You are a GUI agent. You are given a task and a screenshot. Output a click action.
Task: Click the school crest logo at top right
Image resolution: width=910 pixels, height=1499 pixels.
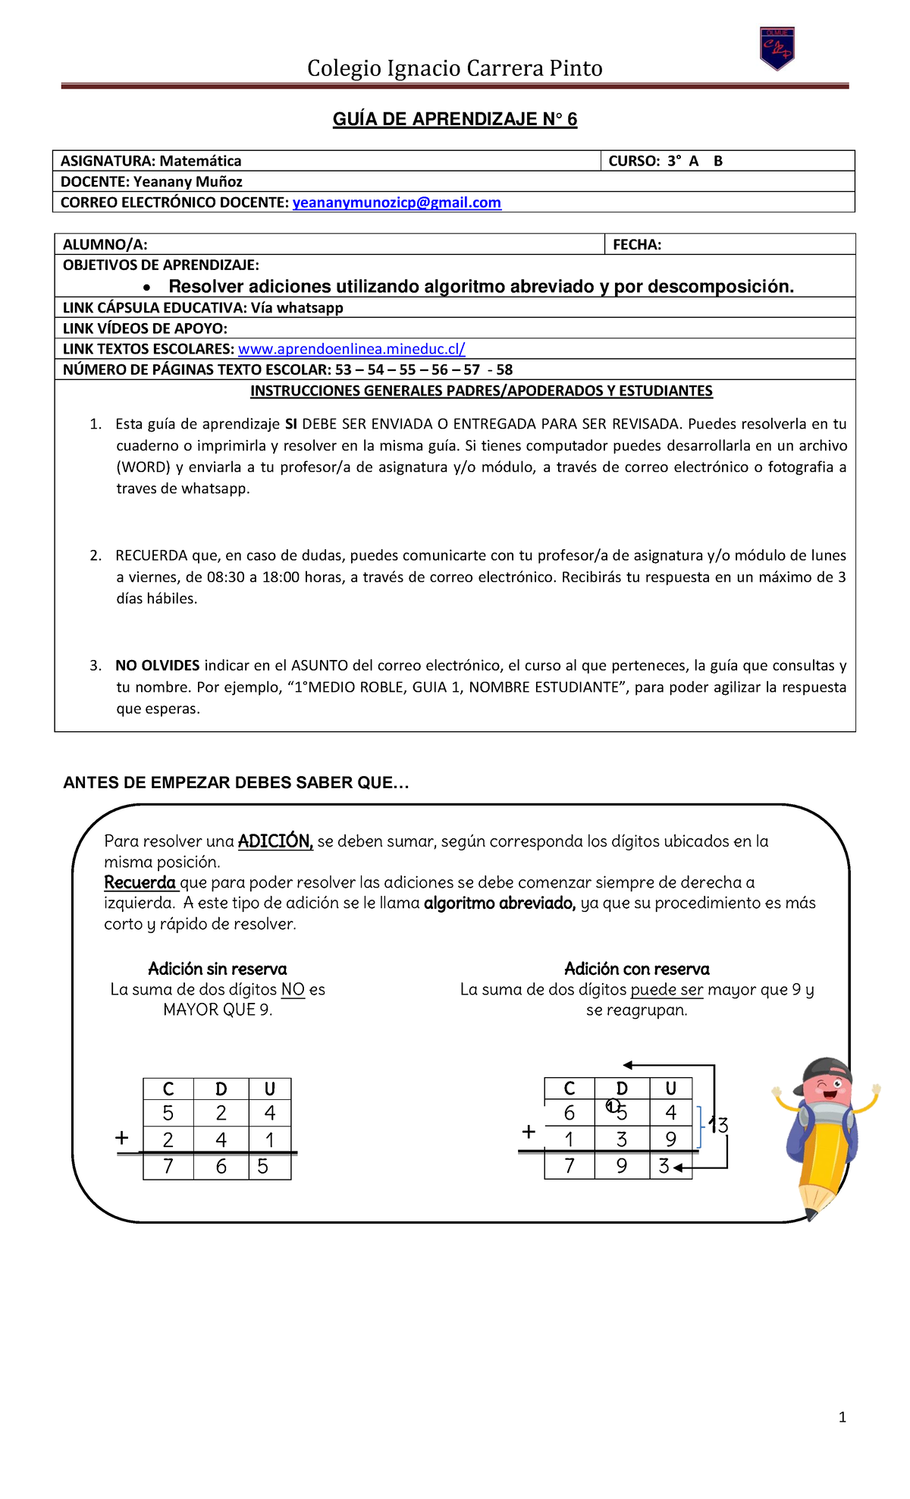(x=777, y=49)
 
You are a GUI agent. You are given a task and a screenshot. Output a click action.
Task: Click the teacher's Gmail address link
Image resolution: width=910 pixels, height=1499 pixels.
(x=397, y=203)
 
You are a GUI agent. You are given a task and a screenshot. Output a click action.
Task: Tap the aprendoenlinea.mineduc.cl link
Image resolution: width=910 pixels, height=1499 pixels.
(x=351, y=349)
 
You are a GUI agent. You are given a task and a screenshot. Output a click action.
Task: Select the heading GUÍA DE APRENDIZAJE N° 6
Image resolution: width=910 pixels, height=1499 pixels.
(x=455, y=119)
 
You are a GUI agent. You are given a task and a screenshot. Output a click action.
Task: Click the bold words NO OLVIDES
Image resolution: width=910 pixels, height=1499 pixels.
(x=157, y=665)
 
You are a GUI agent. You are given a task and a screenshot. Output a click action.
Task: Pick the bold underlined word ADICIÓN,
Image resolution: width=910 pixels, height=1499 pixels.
(x=275, y=841)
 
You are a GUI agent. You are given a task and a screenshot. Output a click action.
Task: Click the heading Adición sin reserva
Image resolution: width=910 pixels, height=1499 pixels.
(x=218, y=969)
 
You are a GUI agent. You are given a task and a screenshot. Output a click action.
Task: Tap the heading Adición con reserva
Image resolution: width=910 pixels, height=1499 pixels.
(x=637, y=969)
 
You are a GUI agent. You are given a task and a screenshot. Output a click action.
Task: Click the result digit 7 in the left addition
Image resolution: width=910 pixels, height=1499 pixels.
(x=168, y=1166)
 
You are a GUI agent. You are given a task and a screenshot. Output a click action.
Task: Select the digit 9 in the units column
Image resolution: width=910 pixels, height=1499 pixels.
(x=670, y=1139)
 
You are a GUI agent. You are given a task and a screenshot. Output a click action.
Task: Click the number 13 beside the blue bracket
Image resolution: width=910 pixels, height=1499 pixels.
(x=718, y=1125)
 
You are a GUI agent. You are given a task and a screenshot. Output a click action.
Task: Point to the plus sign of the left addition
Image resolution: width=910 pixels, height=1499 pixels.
(x=121, y=1138)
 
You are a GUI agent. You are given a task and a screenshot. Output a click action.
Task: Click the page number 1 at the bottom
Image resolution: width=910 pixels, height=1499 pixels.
(x=842, y=1417)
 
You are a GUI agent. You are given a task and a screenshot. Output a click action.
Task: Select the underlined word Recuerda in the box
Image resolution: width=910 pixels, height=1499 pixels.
(x=140, y=882)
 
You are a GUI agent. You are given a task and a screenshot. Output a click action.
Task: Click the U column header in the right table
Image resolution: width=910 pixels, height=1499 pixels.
(x=670, y=1089)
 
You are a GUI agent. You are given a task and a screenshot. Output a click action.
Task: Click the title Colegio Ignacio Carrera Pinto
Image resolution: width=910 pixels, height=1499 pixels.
(x=455, y=68)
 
